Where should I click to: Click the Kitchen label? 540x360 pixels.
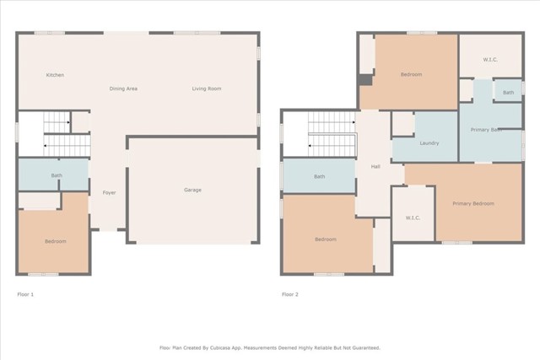click(x=55, y=75)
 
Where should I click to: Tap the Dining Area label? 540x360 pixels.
click(x=123, y=89)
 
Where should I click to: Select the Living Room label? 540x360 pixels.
click(x=207, y=89)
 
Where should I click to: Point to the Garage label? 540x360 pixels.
click(x=192, y=190)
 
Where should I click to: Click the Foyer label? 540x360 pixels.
click(x=109, y=193)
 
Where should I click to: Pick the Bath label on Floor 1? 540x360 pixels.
click(x=57, y=175)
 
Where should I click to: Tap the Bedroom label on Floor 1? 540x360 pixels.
click(x=55, y=241)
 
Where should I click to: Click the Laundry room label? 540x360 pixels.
click(x=429, y=143)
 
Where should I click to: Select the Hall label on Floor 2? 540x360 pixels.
click(x=375, y=167)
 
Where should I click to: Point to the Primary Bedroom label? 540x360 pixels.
click(x=472, y=203)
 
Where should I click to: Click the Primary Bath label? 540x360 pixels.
click(x=486, y=130)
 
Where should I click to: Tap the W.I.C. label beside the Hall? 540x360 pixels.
click(x=413, y=218)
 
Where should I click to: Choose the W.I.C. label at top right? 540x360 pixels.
click(x=490, y=59)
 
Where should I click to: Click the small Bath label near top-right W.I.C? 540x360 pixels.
click(x=508, y=92)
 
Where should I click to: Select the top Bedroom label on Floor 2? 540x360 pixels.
click(x=411, y=75)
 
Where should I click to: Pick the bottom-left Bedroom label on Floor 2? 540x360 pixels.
click(x=326, y=239)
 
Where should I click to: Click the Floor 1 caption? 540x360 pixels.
click(x=25, y=294)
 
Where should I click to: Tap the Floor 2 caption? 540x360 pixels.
click(x=289, y=294)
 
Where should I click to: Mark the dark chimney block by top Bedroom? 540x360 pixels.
click(x=364, y=80)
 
